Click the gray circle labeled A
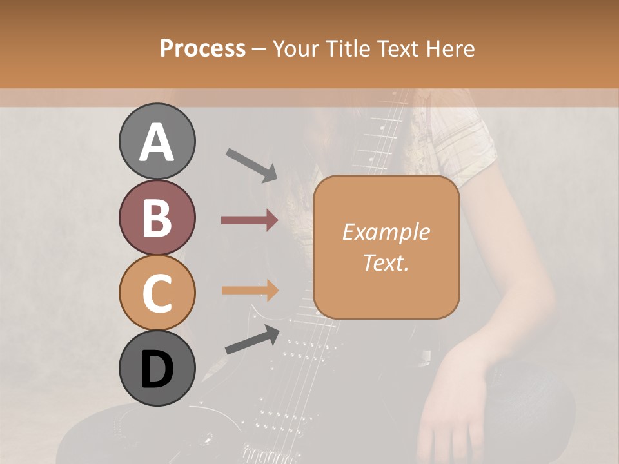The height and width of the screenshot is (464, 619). tap(157, 141)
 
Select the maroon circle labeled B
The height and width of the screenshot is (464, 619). tap(157, 218)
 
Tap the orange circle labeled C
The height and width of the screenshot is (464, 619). tap(157, 293)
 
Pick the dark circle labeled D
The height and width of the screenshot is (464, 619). tap(157, 369)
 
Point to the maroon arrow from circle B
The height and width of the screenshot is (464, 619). tap(250, 220)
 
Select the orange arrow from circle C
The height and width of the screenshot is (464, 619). tap(250, 290)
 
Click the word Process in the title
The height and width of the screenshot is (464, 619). tap(202, 49)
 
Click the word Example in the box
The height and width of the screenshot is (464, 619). tap(386, 232)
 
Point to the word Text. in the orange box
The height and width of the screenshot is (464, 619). tap(386, 262)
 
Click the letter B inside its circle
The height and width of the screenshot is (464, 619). tap(157, 218)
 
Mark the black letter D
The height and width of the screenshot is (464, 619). tap(157, 369)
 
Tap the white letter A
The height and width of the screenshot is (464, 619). tap(157, 142)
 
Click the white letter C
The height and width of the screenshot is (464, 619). tap(157, 294)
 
